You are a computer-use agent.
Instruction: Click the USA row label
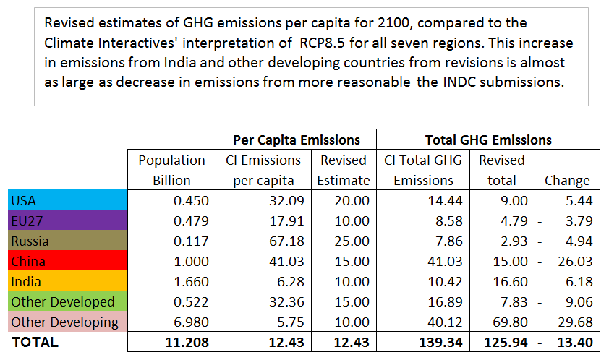point(23,200)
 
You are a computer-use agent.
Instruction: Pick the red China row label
point(27,261)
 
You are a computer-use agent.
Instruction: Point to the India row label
point(25,281)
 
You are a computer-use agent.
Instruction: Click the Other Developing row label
point(64,322)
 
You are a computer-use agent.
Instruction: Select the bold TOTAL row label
point(33,341)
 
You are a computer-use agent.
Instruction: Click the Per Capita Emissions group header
point(296,140)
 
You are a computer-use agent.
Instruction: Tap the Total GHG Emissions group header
point(488,140)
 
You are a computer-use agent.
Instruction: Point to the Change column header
point(568,180)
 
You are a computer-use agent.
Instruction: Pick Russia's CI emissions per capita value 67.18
point(286,241)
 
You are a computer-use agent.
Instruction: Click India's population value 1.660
point(191,281)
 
